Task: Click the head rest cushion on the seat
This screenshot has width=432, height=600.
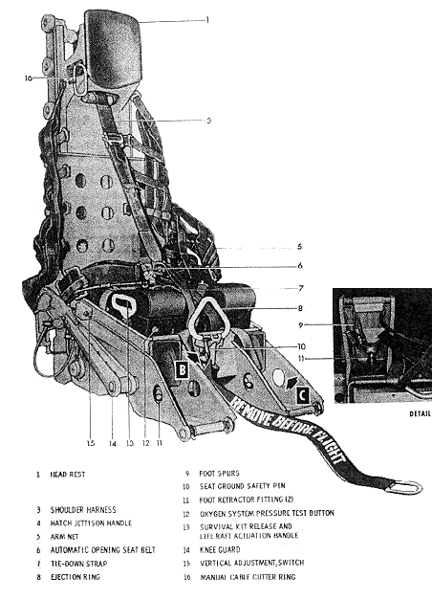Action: tap(112, 50)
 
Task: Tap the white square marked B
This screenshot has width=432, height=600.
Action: tap(183, 370)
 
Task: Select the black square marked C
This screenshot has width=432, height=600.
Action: tap(302, 395)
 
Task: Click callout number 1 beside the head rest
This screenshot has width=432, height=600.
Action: tap(207, 20)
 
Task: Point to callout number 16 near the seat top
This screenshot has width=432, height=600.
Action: tap(29, 78)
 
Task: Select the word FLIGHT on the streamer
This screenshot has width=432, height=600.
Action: tap(327, 447)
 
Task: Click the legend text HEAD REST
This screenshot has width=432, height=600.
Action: tap(68, 475)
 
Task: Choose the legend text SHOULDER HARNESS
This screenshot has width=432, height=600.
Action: tap(83, 510)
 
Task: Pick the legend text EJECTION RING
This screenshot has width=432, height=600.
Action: tap(75, 577)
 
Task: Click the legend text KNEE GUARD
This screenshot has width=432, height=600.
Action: tap(220, 550)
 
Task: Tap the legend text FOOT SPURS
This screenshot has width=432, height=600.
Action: tap(219, 474)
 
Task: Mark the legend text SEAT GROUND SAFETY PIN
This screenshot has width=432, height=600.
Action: tap(243, 486)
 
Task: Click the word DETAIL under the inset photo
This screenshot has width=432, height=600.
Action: tap(421, 413)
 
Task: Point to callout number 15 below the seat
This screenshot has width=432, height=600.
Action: tap(90, 443)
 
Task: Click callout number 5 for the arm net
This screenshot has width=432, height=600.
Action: tap(300, 247)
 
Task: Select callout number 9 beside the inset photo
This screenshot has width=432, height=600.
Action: tap(301, 325)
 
